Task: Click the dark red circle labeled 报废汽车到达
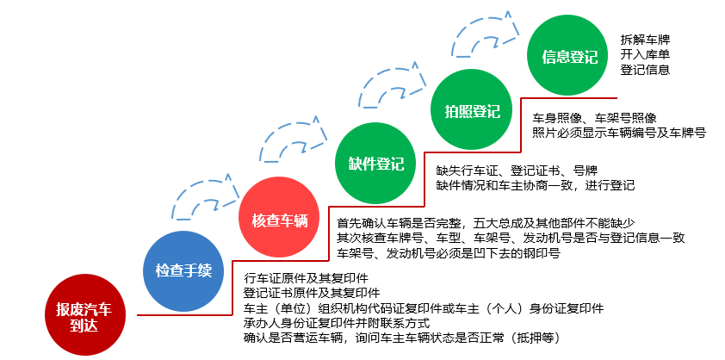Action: coord(84,316)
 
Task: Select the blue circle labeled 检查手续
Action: coord(183,271)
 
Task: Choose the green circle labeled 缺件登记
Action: coord(375,164)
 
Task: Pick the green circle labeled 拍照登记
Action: coord(472,111)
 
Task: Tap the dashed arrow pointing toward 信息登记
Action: coord(486,34)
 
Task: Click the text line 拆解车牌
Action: coord(645,40)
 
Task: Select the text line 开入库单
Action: coord(645,55)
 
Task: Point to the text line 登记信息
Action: coord(645,71)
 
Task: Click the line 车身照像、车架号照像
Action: coord(594,118)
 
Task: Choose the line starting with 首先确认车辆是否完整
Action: coord(485,224)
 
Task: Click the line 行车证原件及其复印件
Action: coord(306,278)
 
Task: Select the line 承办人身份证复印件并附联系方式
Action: coord(337,322)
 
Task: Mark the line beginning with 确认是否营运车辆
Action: coord(402,338)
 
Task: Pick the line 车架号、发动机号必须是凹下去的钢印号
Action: coord(449,253)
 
